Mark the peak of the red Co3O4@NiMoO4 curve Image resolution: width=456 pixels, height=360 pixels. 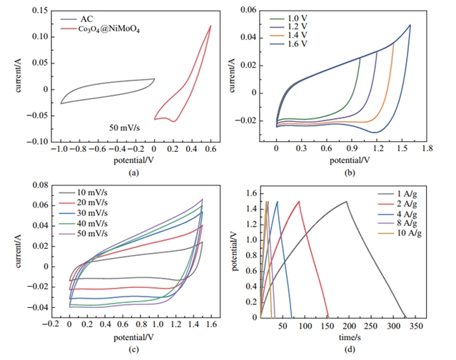(211, 26)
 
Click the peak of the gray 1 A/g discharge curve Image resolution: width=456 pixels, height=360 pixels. (347, 201)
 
